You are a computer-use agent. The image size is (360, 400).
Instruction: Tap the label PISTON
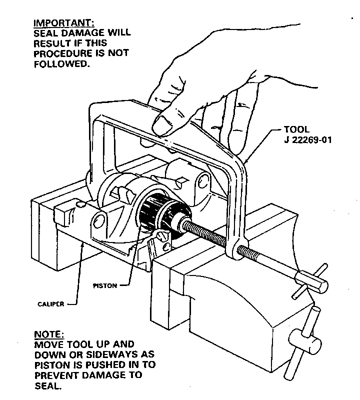(105, 286)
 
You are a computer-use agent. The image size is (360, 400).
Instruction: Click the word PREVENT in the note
(54, 375)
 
